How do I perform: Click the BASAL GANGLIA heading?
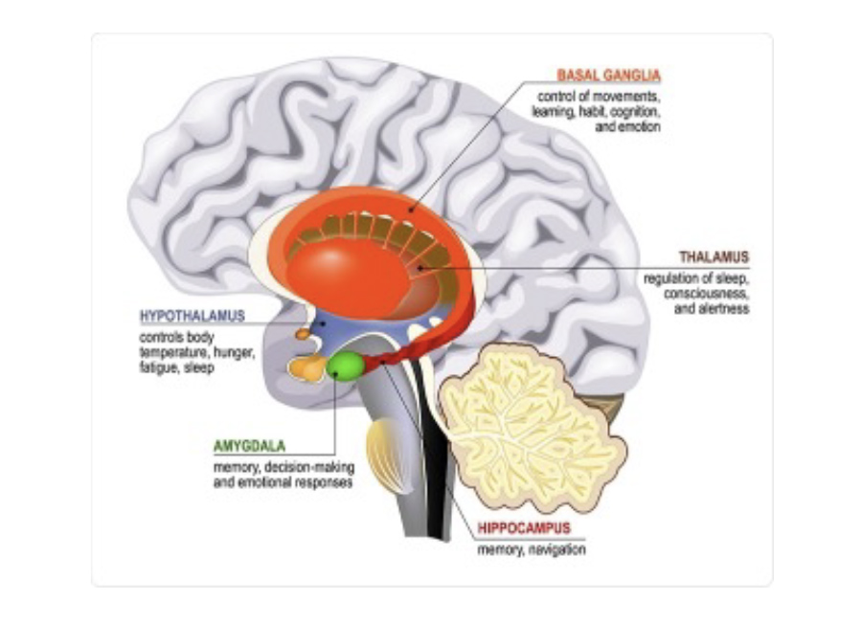[x=609, y=75]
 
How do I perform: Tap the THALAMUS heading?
[x=714, y=257]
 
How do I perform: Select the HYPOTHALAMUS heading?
[x=193, y=316]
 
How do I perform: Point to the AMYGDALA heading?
[x=249, y=446]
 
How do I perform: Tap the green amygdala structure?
[x=345, y=365]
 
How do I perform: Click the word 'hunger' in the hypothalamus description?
[x=234, y=352]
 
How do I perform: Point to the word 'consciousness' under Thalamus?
[x=706, y=294]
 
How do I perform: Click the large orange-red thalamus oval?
[x=354, y=268]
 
